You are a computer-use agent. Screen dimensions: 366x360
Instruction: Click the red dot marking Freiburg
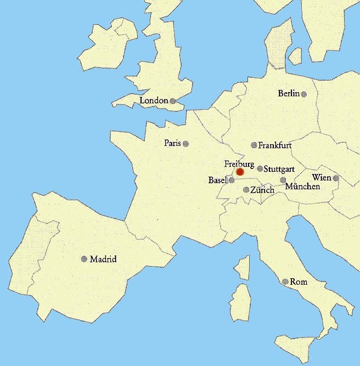(x=240, y=172)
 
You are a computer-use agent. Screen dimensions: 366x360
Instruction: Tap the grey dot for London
(x=172, y=101)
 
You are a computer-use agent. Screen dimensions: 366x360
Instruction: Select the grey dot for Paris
(x=185, y=144)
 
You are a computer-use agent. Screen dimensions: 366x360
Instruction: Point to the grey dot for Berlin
(x=303, y=94)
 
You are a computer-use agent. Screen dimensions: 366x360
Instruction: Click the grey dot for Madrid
(x=84, y=259)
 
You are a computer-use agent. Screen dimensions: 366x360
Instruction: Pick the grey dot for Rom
(x=285, y=281)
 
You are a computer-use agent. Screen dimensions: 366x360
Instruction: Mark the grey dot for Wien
(x=335, y=178)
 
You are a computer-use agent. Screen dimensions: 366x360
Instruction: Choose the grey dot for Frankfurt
(x=254, y=145)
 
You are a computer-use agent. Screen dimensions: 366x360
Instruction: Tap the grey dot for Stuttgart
(x=260, y=168)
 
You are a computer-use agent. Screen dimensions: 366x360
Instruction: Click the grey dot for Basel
(x=232, y=180)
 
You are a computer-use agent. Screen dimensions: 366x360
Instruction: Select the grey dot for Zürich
(x=246, y=190)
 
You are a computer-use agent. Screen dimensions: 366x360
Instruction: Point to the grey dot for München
(x=283, y=180)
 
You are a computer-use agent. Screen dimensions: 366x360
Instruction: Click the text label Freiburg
(x=239, y=164)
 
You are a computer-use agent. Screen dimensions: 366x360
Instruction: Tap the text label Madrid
(x=103, y=259)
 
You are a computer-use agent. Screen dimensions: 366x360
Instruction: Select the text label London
(x=154, y=101)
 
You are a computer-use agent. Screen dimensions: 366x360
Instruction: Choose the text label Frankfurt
(x=274, y=145)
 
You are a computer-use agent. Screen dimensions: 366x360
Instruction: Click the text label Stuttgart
(x=280, y=168)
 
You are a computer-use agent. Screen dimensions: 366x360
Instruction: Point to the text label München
(x=302, y=187)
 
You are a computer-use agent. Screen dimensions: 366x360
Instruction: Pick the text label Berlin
(x=289, y=94)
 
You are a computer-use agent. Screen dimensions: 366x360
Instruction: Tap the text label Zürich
(x=262, y=190)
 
